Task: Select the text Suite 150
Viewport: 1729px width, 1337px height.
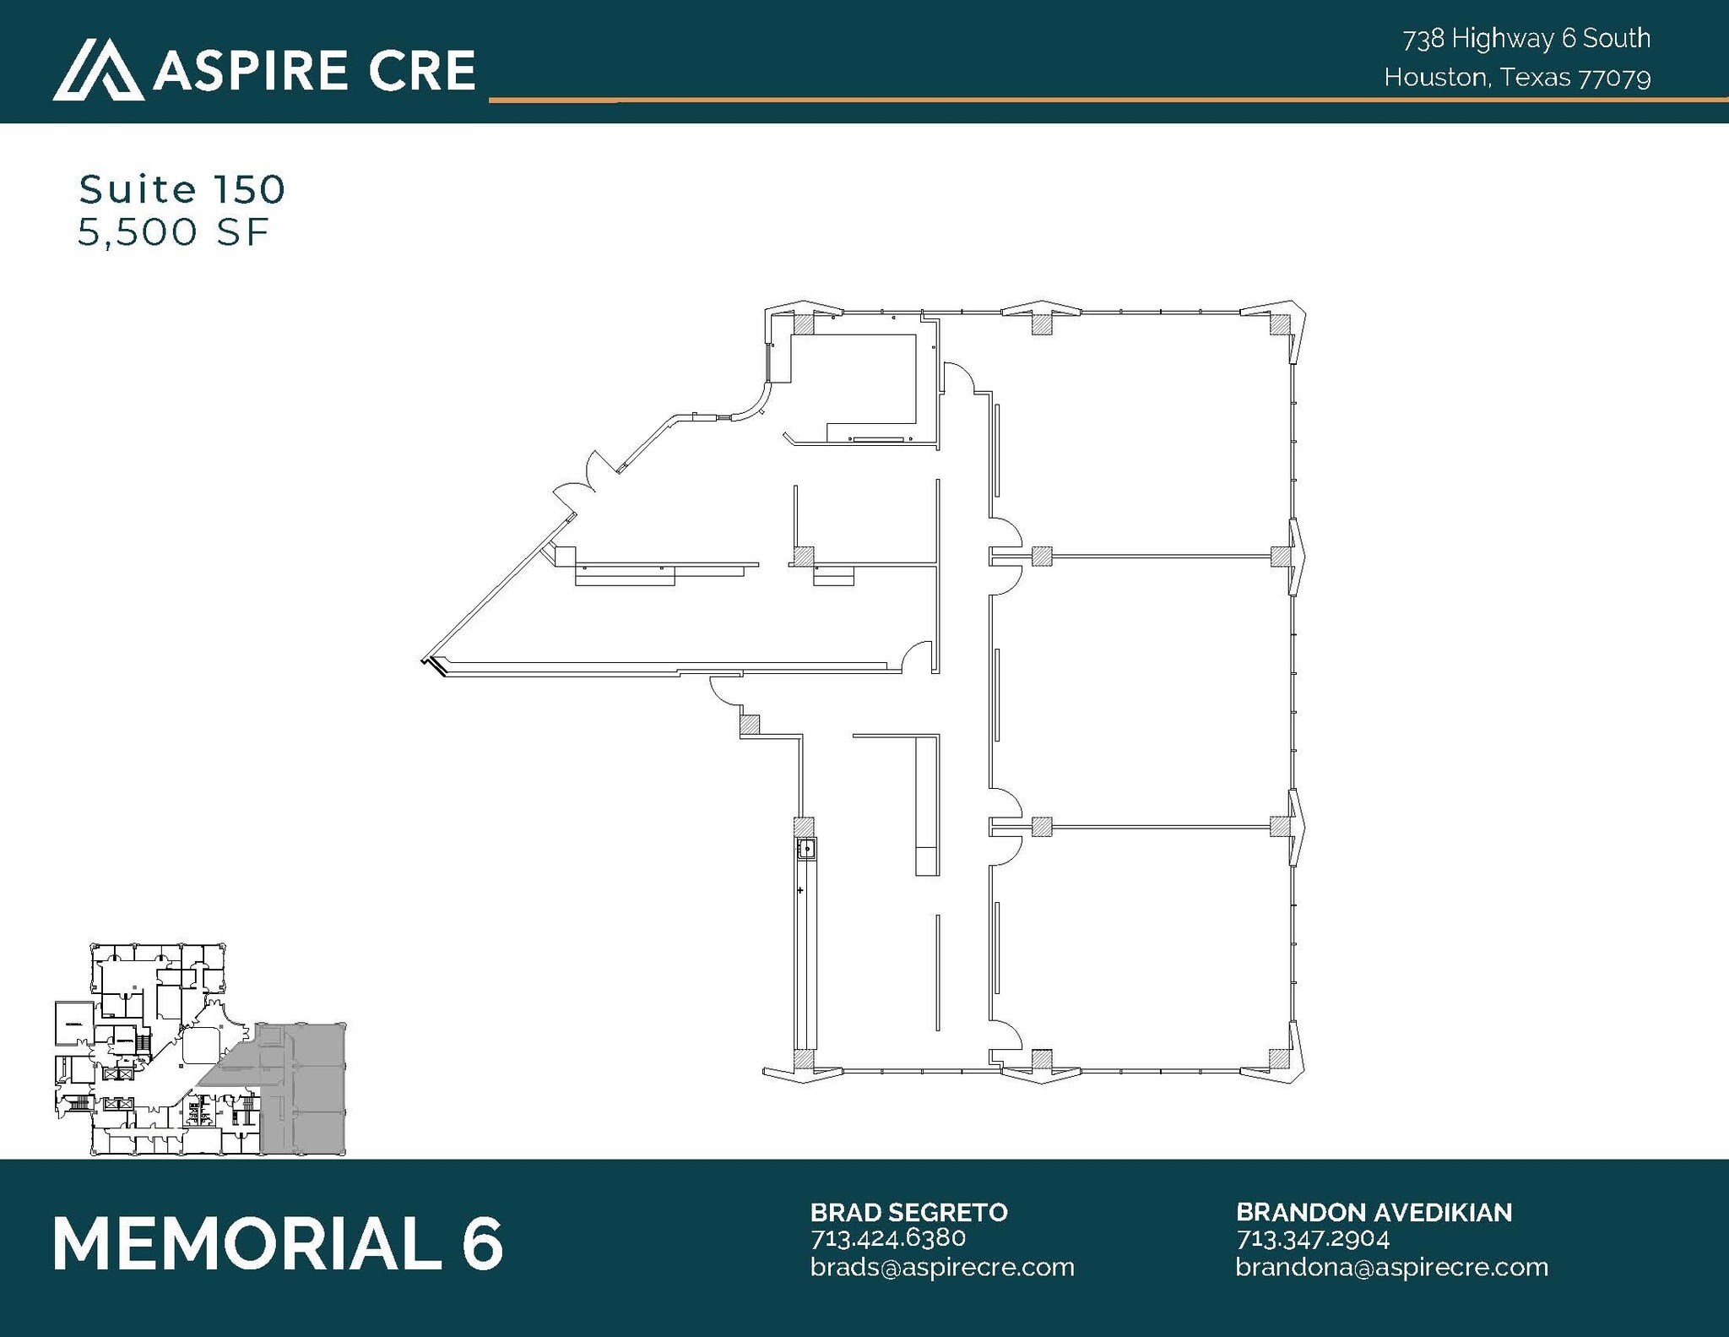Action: tap(182, 189)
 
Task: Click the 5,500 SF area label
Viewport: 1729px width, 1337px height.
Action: tap(173, 231)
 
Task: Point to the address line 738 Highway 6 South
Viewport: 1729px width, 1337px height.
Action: tap(1526, 38)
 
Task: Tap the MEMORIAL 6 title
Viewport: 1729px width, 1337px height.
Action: tap(278, 1243)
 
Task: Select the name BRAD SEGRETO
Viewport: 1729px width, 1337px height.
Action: tap(908, 1212)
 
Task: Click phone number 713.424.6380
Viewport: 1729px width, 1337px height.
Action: tap(887, 1238)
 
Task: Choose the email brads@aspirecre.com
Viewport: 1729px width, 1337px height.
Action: tap(941, 1267)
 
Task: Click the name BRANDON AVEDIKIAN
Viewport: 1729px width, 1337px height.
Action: tap(1374, 1212)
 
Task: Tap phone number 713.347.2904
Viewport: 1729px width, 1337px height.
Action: tap(1312, 1238)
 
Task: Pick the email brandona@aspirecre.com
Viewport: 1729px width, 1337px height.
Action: tap(1391, 1267)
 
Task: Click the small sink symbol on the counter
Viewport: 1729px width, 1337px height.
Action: tap(806, 848)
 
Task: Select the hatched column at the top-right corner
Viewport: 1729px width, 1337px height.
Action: tap(1280, 324)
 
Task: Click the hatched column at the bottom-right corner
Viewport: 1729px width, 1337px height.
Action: tap(1280, 1059)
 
